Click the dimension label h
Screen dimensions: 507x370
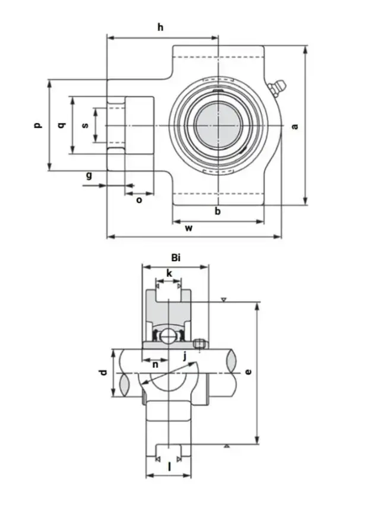coord(160,27)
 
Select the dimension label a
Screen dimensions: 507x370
coord(295,126)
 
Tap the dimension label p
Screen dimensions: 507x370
coord(37,125)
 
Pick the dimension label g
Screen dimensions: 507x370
coord(89,175)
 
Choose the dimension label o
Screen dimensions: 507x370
coord(139,200)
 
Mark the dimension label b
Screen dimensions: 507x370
coord(218,211)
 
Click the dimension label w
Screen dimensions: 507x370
coord(189,228)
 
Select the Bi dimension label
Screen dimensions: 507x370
coord(176,257)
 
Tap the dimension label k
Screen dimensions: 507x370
coord(169,273)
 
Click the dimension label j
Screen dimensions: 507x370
coord(185,356)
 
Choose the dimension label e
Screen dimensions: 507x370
coord(248,371)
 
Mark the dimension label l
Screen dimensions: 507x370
coord(169,467)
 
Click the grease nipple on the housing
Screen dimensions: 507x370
coord(277,88)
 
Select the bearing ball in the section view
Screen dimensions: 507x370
coord(169,337)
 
